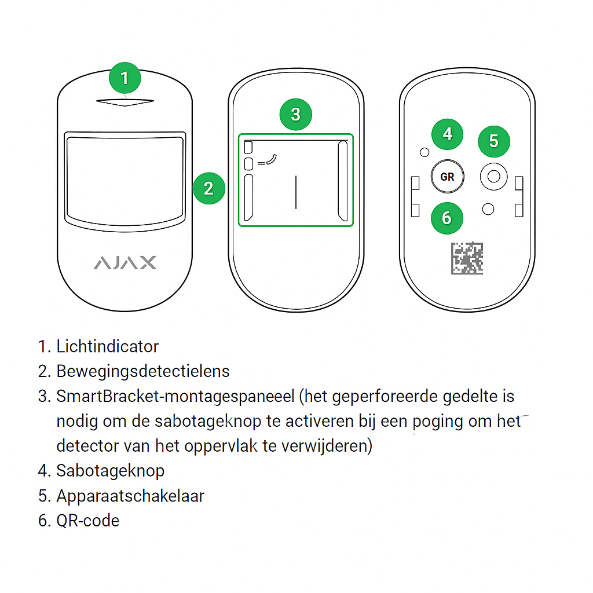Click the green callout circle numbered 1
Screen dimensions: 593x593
coord(125,78)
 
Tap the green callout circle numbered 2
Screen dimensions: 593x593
coord(208,188)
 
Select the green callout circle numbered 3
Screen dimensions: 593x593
coord(295,114)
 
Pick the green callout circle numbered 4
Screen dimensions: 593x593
coord(447,134)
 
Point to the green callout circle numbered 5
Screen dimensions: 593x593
coord(493,141)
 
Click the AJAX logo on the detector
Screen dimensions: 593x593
coord(125,262)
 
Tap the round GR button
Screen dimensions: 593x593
coord(447,177)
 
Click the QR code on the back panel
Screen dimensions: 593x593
coord(467,258)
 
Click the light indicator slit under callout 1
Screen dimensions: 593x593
coord(125,103)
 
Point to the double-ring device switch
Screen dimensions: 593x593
coord(493,177)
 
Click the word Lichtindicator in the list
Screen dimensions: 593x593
coord(107,346)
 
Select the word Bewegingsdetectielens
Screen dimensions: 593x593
coord(143,371)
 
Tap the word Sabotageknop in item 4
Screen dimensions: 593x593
coord(110,471)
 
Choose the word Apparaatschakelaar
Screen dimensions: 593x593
coord(130,496)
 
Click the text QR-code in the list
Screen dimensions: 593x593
coord(88,520)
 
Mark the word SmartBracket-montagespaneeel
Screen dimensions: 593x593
coord(176,396)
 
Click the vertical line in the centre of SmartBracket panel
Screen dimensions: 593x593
coord(296,192)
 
